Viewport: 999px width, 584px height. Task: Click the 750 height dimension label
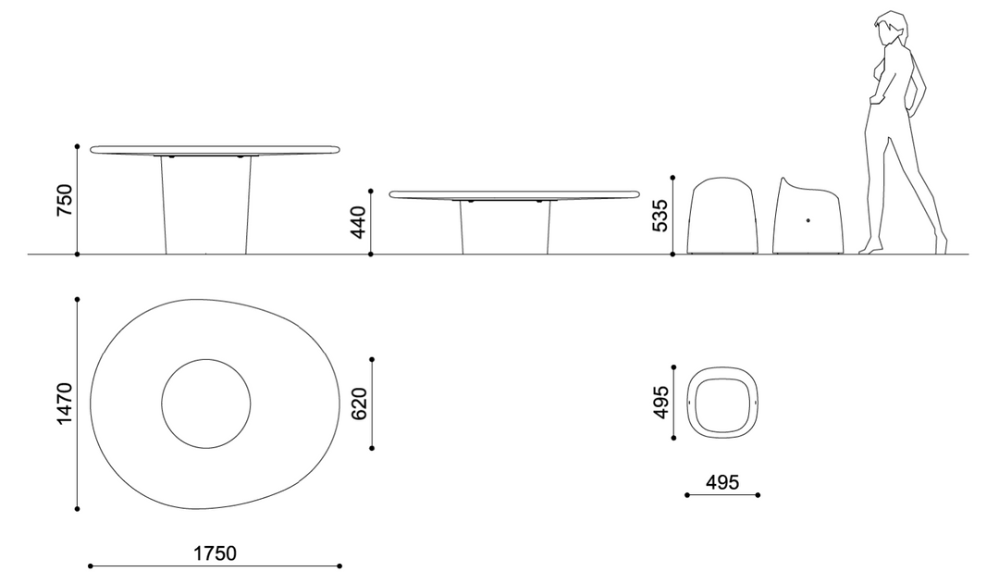click(x=65, y=200)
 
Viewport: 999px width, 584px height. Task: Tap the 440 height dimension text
click(x=359, y=222)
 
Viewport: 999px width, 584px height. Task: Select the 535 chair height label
click(x=661, y=216)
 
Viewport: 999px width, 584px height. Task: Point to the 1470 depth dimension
click(x=65, y=403)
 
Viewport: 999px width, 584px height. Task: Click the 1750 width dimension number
click(x=215, y=553)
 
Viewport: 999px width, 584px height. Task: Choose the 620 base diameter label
click(x=359, y=404)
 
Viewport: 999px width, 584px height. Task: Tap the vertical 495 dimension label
click(x=662, y=403)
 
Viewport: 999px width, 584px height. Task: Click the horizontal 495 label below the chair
click(x=722, y=482)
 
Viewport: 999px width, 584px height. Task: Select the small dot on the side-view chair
click(x=808, y=220)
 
